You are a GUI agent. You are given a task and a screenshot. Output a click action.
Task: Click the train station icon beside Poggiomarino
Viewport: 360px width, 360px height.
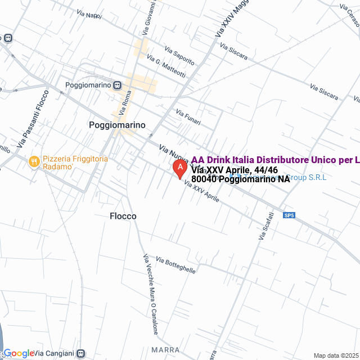click(x=116, y=85)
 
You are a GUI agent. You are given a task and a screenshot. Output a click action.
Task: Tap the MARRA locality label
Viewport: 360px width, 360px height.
click(x=165, y=349)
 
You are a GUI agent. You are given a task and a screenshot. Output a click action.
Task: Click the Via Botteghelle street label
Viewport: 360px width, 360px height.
click(x=176, y=265)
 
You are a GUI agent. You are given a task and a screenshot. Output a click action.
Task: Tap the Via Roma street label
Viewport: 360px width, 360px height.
click(x=124, y=102)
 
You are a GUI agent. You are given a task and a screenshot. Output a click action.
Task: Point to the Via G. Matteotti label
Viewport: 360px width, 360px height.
click(x=166, y=66)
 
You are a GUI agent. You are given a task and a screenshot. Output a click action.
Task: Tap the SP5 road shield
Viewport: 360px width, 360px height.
click(x=289, y=215)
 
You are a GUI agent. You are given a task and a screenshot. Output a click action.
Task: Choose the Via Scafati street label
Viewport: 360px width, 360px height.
click(x=266, y=226)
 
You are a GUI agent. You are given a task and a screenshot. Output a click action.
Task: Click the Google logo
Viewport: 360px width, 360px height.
click(x=18, y=353)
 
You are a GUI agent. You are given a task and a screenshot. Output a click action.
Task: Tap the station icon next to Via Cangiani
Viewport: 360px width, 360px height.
click(x=82, y=353)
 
